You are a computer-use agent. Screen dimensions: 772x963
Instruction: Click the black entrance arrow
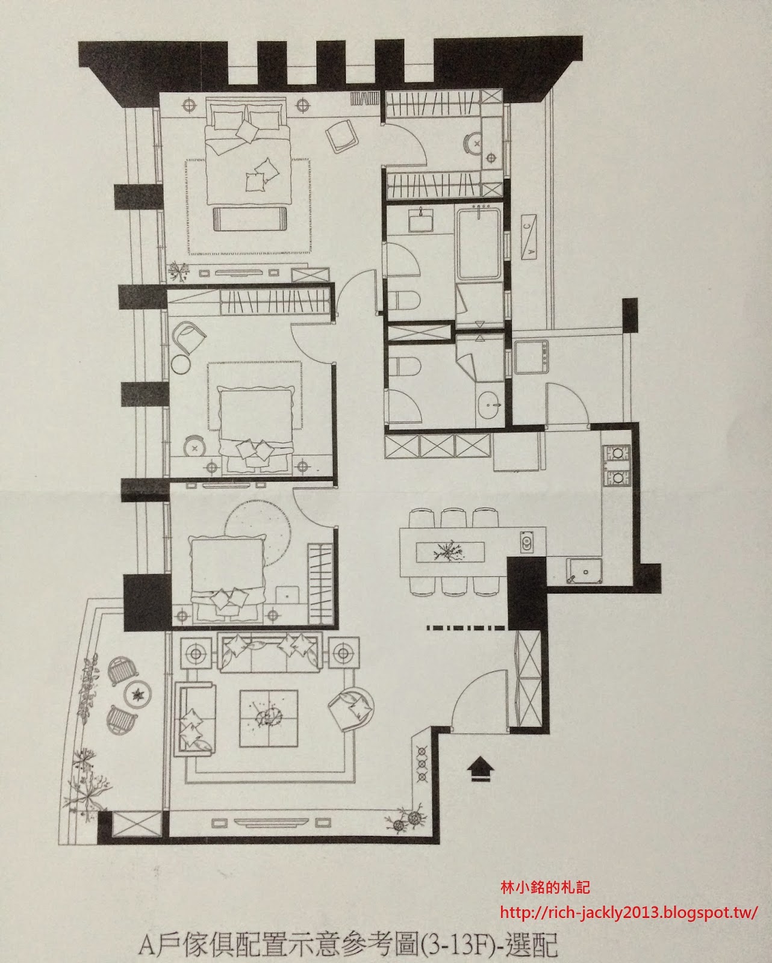click(x=481, y=769)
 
